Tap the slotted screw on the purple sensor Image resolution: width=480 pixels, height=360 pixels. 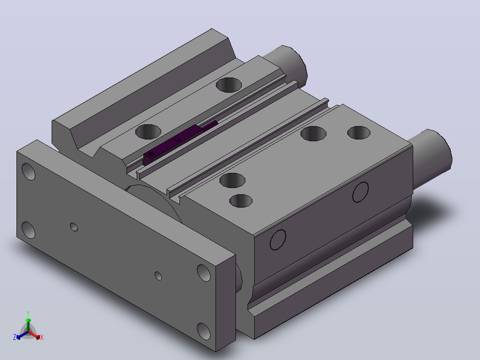click(x=151, y=154)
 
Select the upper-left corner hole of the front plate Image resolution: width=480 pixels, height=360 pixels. click(x=28, y=172)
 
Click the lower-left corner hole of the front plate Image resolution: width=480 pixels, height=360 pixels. click(x=28, y=230)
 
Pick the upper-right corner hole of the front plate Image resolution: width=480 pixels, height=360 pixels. click(x=204, y=273)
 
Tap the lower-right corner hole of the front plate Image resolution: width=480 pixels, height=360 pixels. click(x=204, y=331)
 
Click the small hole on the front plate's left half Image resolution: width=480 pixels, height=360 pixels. click(x=74, y=227)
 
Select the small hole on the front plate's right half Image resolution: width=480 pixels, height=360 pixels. click(x=158, y=276)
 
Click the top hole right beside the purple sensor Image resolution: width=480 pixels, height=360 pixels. click(x=148, y=131)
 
